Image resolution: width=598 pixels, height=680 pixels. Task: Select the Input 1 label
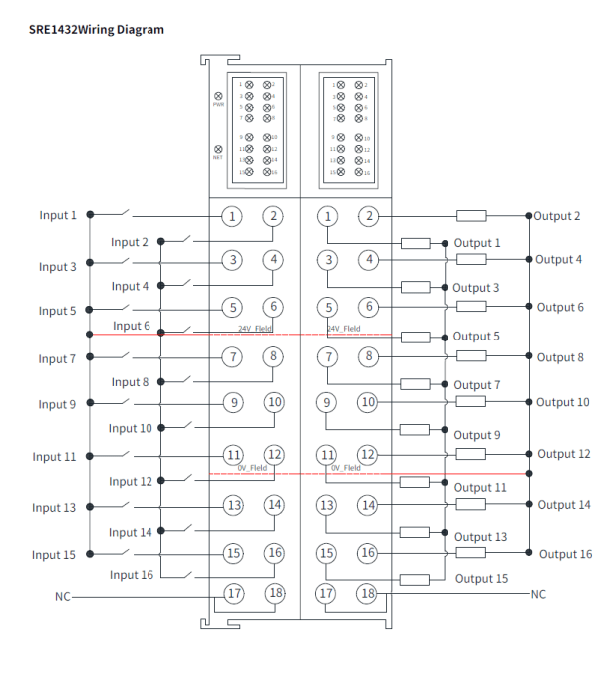pyautogui.click(x=58, y=215)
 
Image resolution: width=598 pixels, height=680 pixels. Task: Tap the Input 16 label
pyautogui.click(x=131, y=575)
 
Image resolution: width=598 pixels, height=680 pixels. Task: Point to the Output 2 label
pyautogui.click(x=558, y=216)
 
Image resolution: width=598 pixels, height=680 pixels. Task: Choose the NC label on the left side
pyautogui.click(x=62, y=596)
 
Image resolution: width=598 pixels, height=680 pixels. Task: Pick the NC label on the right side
pyautogui.click(x=538, y=594)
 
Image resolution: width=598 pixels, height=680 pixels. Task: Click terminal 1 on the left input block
pyautogui.click(x=232, y=216)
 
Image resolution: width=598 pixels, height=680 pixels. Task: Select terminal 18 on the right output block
pyautogui.click(x=368, y=594)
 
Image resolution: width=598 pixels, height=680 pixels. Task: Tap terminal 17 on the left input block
pyautogui.click(x=233, y=594)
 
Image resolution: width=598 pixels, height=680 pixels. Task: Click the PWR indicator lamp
pyautogui.click(x=218, y=95)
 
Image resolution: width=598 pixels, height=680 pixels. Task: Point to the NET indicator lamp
pyautogui.click(x=218, y=147)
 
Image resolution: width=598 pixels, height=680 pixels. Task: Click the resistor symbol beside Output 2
pyautogui.click(x=471, y=216)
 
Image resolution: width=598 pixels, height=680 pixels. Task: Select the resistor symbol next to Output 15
pyautogui.click(x=415, y=579)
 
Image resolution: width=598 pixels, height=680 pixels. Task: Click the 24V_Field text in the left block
pyautogui.click(x=255, y=328)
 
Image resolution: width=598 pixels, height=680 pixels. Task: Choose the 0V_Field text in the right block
pyautogui.click(x=345, y=467)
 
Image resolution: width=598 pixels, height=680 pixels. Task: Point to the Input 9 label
pyautogui.click(x=57, y=405)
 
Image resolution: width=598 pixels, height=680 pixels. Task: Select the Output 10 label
pyautogui.click(x=563, y=402)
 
